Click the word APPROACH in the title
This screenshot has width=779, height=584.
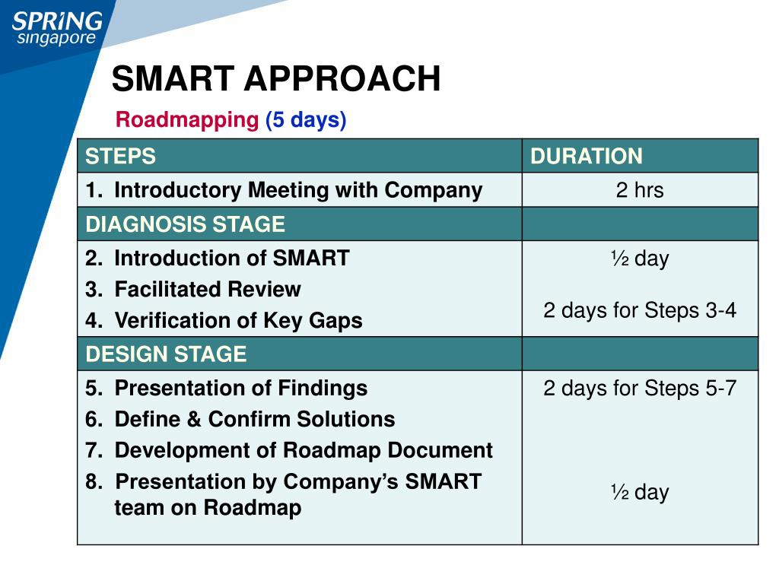coord(342,78)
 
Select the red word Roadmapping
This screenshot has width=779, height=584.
coord(187,120)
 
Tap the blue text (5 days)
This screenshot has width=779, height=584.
coord(306,120)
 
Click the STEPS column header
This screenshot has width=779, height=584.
coord(120,157)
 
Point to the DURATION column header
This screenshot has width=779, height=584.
coord(587,157)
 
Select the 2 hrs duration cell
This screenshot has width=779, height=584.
coord(640,190)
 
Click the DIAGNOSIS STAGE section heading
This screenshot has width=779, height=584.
coord(185,224)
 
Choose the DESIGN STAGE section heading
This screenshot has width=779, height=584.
coord(165,354)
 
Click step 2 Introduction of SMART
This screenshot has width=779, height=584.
coord(217,259)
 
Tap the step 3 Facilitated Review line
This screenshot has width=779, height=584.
coord(192,290)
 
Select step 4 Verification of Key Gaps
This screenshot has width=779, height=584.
coord(224,321)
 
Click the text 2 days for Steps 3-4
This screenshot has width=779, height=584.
coord(640,310)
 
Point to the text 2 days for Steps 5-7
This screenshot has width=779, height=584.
coord(640,389)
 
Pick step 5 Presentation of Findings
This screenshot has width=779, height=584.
coord(226,389)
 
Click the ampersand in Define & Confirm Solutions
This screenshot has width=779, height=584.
coord(194,420)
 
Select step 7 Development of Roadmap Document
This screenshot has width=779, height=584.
coord(288,451)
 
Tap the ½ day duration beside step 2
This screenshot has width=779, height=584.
coord(640,259)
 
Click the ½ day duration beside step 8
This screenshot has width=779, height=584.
coord(640,492)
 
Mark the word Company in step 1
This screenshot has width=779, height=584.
coord(434,191)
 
